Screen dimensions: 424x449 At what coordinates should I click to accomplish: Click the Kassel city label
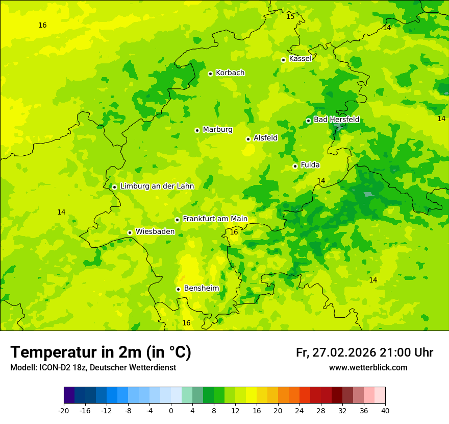coord(300,59)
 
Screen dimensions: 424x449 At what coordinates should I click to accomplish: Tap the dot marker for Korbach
coord(210,74)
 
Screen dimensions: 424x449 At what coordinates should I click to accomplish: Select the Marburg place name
coord(217,130)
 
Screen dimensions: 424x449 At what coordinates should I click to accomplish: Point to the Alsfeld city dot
coord(248,139)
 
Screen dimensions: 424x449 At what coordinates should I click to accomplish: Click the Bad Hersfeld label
coord(336,120)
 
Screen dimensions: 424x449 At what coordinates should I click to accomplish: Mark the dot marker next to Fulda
coord(295,166)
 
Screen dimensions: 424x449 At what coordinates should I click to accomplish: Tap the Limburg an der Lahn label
coord(157,186)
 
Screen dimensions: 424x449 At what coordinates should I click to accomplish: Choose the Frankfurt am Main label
coord(215,219)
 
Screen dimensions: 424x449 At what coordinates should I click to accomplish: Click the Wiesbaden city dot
coord(130,232)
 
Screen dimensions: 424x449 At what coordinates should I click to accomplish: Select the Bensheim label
coord(201,289)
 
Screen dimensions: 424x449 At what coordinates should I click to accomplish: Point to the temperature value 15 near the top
coord(290,17)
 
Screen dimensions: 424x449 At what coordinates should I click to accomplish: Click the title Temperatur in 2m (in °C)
coord(101,352)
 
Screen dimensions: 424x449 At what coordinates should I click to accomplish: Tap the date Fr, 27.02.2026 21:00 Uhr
coord(364,352)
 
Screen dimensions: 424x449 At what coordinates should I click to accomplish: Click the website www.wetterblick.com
coord(368,368)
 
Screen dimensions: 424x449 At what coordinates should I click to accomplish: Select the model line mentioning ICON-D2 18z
coord(93,368)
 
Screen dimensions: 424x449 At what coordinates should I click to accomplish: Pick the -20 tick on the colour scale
coord(64,410)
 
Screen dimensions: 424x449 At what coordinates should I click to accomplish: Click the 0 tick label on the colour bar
coord(171,410)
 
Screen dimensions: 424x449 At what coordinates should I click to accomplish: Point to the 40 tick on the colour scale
coord(385,410)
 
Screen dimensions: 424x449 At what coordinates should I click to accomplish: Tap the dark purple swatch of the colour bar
coord(69,395)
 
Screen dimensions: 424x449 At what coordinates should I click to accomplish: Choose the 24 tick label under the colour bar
coord(300,410)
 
